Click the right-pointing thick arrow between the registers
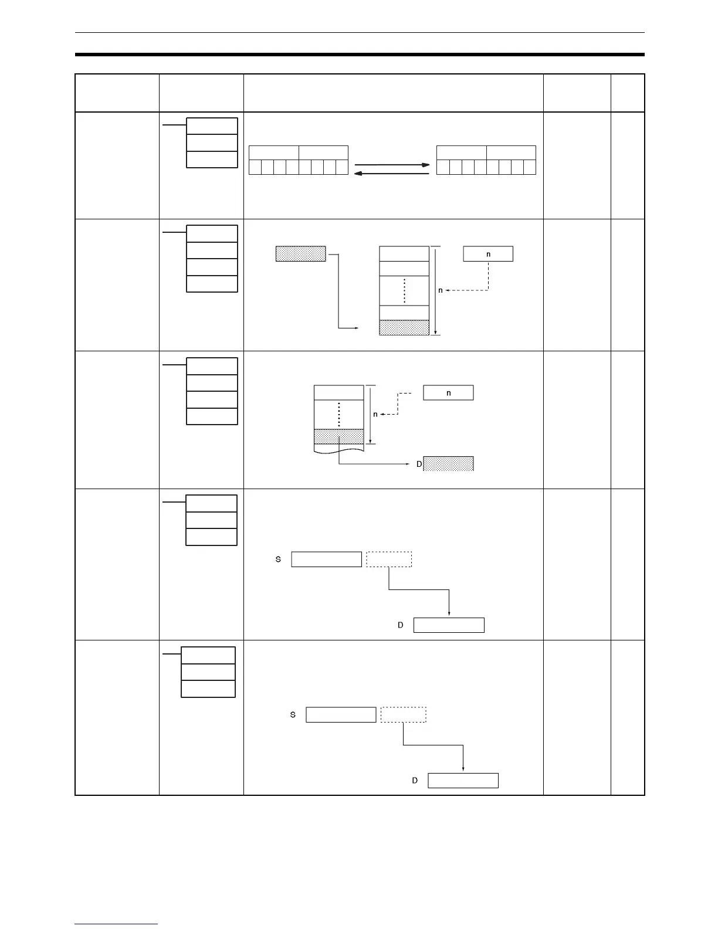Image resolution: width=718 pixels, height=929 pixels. pos(392,165)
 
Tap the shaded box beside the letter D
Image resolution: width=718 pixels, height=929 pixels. pos(448,464)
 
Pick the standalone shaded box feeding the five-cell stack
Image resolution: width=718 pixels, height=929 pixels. pos(300,253)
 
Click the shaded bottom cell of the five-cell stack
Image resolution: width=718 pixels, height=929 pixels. pos(404,328)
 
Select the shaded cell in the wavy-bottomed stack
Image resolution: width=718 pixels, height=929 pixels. pos(338,436)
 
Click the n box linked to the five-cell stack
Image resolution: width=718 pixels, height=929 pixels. pos(488,253)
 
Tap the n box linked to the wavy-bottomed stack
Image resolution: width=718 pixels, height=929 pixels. pos(448,393)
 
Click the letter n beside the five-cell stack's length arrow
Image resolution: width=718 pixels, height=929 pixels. pos(441,290)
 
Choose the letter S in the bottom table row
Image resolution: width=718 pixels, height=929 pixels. pos(293,715)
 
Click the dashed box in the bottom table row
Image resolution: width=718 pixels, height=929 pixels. pos(403,715)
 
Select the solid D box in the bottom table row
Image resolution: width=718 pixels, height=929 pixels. pos(463,781)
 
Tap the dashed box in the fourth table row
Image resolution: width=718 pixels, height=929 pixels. pos(389,560)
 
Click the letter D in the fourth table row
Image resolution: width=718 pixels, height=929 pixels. pos(401,625)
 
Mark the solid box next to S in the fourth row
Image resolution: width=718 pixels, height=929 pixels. pos(326,560)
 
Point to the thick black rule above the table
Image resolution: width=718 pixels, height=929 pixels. pos(359,55)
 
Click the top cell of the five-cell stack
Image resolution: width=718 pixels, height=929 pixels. pos(404,253)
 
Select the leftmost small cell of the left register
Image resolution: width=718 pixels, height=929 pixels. pos(255,167)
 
